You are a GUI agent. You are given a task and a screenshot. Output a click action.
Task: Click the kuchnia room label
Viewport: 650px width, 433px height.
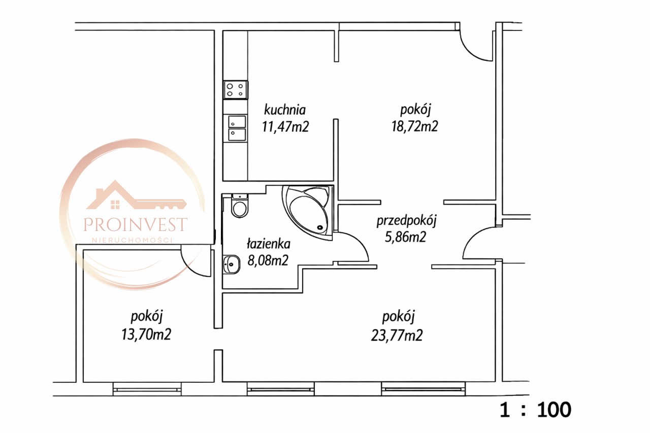point(285,110)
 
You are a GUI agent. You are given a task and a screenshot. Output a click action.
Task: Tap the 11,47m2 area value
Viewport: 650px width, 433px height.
point(285,127)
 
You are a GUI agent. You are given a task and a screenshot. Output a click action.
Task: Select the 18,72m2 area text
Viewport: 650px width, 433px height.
point(415,126)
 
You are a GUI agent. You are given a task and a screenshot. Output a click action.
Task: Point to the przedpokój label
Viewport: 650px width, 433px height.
point(407,221)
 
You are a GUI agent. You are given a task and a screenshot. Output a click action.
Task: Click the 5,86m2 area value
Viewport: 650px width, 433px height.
point(405,237)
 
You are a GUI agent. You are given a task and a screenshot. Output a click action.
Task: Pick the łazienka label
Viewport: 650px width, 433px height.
point(269,244)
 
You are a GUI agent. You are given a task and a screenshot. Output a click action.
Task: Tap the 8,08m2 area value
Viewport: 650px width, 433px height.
point(268,260)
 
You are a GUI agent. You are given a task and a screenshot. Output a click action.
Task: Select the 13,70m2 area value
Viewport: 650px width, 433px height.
point(146,335)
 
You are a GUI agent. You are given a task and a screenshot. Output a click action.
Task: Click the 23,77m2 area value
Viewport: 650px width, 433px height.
point(397,335)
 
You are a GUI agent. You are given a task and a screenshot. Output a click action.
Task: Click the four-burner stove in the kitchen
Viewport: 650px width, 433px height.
point(236,90)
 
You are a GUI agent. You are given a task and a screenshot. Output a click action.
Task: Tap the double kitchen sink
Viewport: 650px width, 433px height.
point(237,128)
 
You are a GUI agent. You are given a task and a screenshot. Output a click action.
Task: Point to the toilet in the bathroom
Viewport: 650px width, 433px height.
point(239,206)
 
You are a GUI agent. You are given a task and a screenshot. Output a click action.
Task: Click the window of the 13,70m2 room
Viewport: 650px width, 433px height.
point(147,389)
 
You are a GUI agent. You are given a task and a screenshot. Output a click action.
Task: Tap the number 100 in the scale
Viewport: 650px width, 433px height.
point(554,410)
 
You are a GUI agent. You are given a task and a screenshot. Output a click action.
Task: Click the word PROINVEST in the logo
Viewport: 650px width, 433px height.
point(135,224)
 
